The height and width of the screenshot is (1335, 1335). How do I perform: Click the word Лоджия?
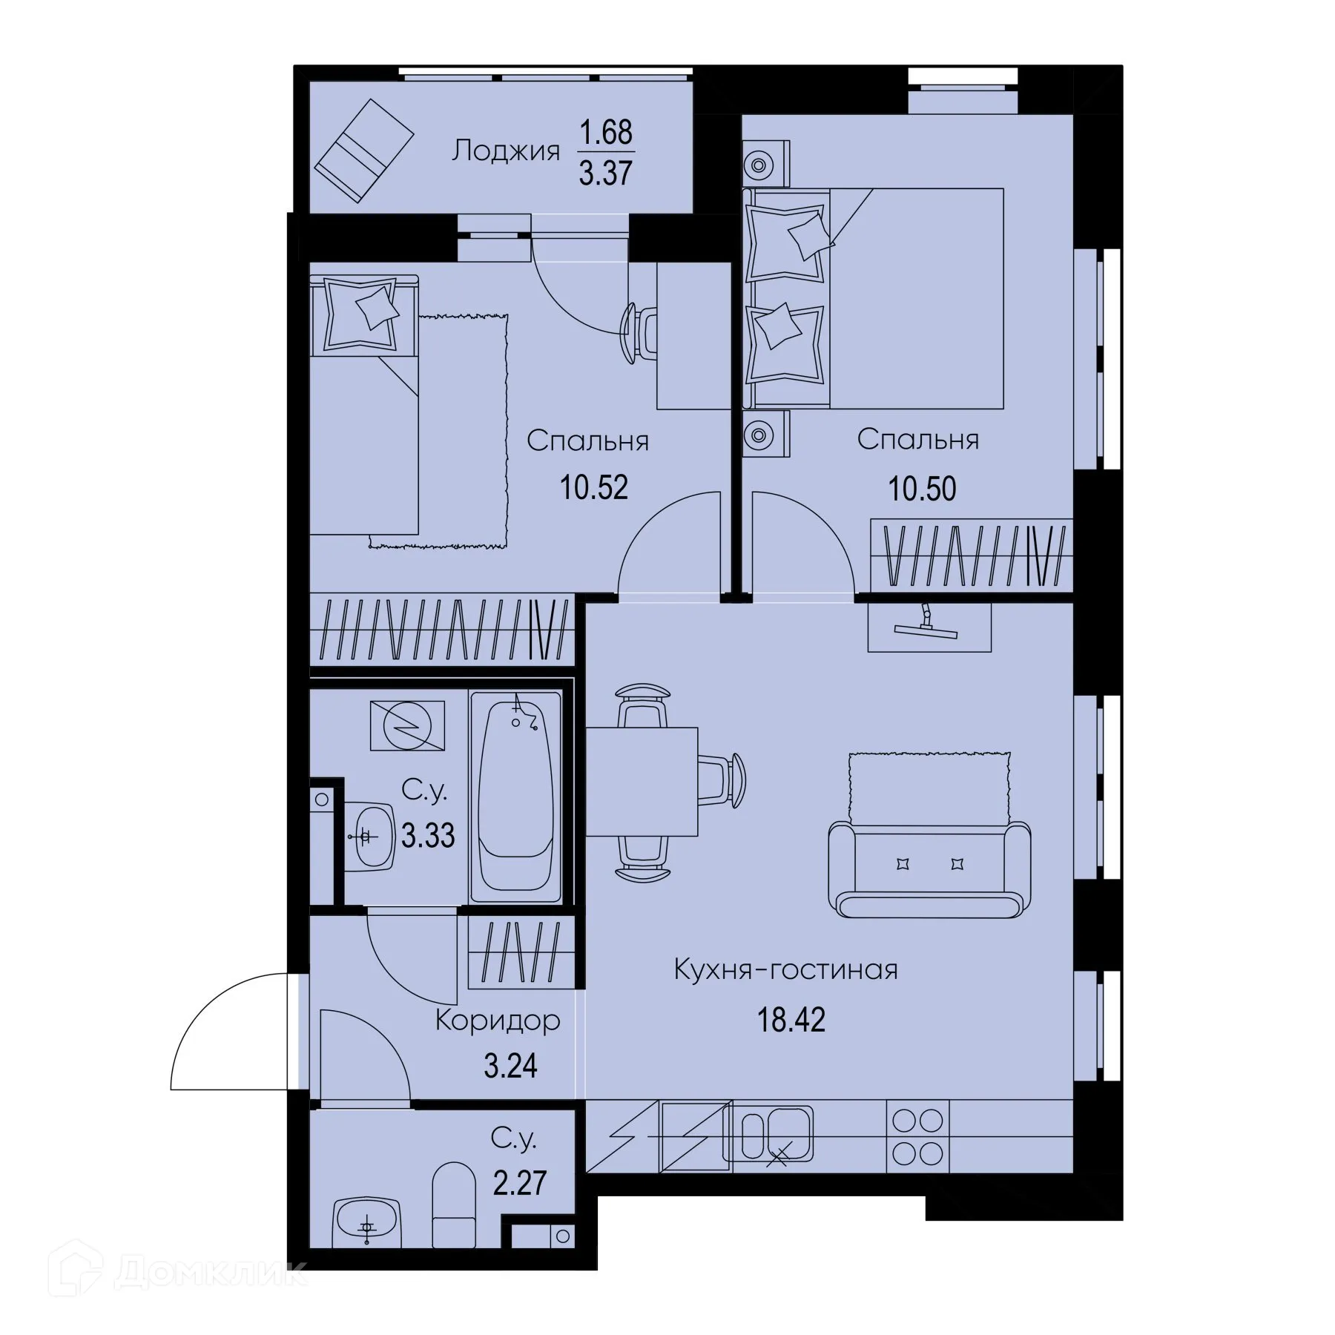[506, 151]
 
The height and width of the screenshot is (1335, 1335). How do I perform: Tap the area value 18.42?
[791, 1021]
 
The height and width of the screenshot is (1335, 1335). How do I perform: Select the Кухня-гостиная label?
[785, 969]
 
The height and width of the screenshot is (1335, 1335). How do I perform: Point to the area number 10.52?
[594, 488]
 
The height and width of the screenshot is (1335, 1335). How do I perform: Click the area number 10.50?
[922, 489]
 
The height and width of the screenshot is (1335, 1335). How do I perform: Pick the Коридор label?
[497, 1021]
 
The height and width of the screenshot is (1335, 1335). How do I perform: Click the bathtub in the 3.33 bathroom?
[515, 797]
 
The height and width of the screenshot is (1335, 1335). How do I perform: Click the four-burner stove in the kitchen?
[917, 1137]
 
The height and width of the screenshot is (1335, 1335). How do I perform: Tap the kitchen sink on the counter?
[769, 1135]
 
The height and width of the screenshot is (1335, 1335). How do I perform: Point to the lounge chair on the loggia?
[364, 151]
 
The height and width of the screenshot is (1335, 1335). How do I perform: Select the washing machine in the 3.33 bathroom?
[407, 726]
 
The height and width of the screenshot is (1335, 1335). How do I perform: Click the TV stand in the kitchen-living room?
[929, 627]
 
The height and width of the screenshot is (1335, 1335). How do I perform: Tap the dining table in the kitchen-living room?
[642, 781]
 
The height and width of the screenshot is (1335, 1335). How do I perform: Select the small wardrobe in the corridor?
[521, 952]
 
